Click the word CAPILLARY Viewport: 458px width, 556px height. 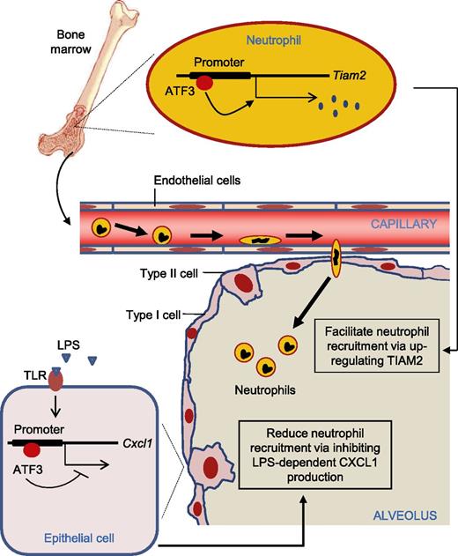pos(404,225)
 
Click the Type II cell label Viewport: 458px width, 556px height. pos(173,274)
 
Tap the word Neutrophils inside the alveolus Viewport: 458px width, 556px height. pos(263,384)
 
